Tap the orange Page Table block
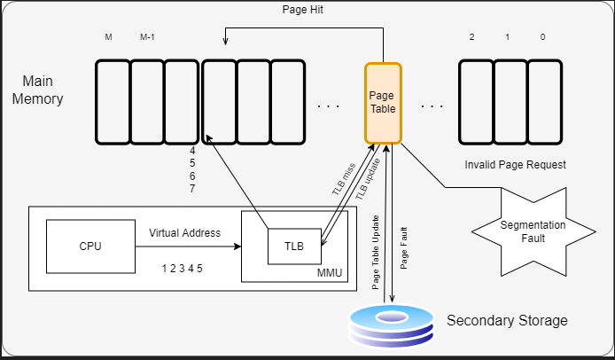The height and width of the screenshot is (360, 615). point(383,102)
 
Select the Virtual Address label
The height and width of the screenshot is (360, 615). point(184,233)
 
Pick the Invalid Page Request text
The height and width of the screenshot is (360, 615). point(515,166)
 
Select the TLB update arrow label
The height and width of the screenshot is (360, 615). point(363,179)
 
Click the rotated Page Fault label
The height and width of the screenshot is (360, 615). point(405,250)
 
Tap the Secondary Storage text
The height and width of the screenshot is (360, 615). point(507,320)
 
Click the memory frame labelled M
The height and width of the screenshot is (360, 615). point(113,102)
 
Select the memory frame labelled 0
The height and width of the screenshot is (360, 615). point(544,102)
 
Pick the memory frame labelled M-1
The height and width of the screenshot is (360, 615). point(147,102)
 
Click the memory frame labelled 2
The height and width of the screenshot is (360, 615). point(476,102)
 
